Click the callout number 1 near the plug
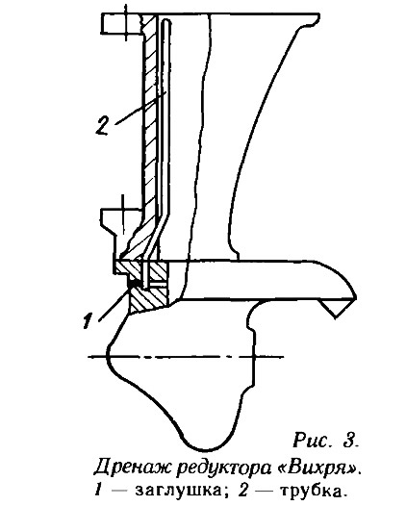click(88, 320)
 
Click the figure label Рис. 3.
click(325, 441)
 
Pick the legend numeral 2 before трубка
click(243, 491)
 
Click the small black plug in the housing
click(135, 284)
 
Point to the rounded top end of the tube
click(166, 21)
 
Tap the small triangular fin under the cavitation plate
click(335, 307)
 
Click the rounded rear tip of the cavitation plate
click(355, 295)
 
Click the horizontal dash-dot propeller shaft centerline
click(186, 357)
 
